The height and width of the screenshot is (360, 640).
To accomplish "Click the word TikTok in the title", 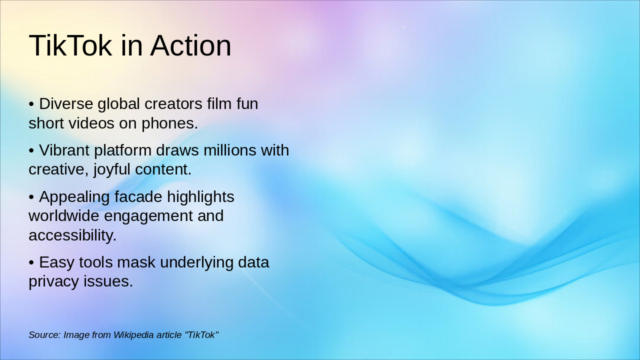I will coord(70,45).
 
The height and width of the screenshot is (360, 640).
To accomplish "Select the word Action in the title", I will coord(190,45).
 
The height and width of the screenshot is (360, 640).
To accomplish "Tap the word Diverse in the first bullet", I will coord(66,104).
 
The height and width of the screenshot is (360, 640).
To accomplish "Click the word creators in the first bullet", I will coord(173,104).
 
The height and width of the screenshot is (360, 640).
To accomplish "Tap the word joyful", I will coord(111,169).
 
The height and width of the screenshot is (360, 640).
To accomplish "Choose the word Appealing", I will coord(74,197).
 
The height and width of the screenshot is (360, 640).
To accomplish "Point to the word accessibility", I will coord(72,235).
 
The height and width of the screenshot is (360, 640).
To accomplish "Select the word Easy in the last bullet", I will coord(55,262).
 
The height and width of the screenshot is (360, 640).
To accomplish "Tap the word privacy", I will coord(53,281).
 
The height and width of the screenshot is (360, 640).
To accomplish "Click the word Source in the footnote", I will coord(44,335).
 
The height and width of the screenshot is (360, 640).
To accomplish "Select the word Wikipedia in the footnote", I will coord(133,335).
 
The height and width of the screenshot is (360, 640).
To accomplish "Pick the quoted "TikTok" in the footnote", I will coord(201,335).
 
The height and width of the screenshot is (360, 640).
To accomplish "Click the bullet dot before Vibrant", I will coord(31,150).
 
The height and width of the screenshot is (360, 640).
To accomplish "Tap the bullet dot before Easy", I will coord(31,262).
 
